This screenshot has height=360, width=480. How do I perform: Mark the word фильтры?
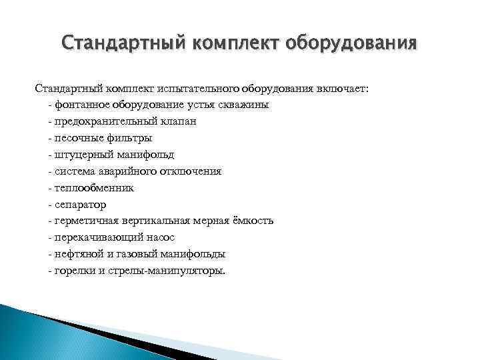coord(129,139)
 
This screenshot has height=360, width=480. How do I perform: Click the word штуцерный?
coord(83,155)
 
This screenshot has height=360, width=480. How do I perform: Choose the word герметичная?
coord(85,221)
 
